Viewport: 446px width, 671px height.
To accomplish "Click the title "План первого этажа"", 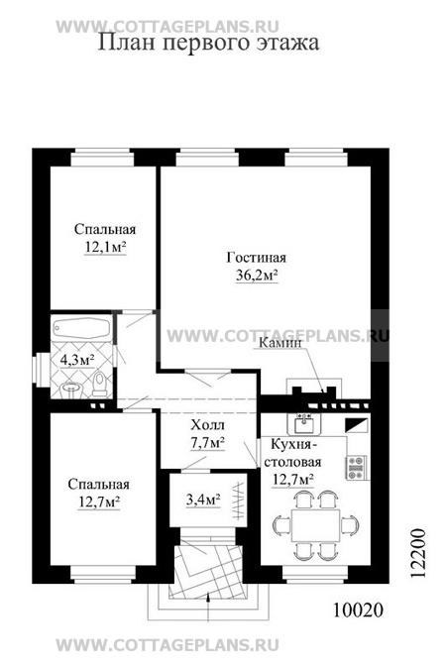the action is tap(208, 44).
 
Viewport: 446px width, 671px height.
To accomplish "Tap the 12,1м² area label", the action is tap(105, 247).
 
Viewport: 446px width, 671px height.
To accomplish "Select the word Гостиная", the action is tap(257, 258).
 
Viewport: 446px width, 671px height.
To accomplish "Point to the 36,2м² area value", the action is tap(257, 276).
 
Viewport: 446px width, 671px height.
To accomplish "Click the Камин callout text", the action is tap(281, 343).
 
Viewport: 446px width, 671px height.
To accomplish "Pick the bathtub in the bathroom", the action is tap(81, 329).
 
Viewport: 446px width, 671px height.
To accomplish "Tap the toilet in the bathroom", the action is tap(100, 384).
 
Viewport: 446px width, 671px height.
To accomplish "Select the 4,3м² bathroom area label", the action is tap(77, 360).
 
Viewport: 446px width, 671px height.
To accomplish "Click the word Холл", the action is tap(207, 425).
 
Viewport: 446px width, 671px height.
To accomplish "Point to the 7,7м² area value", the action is tap(207, 442).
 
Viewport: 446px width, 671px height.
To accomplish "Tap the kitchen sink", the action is tap(304, 424).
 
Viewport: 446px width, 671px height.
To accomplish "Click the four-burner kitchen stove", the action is tap(357, 467).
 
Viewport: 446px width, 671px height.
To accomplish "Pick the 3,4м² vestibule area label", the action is tap(203, 499).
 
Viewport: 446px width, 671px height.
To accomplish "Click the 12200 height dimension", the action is tap(418, 553).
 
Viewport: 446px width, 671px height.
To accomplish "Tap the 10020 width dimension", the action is tap(358, 611).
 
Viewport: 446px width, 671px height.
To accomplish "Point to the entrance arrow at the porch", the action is tap(207, 607).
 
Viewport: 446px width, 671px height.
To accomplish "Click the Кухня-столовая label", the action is tap(295, 453).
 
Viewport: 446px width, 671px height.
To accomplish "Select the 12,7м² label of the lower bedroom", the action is tap(99, 502).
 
